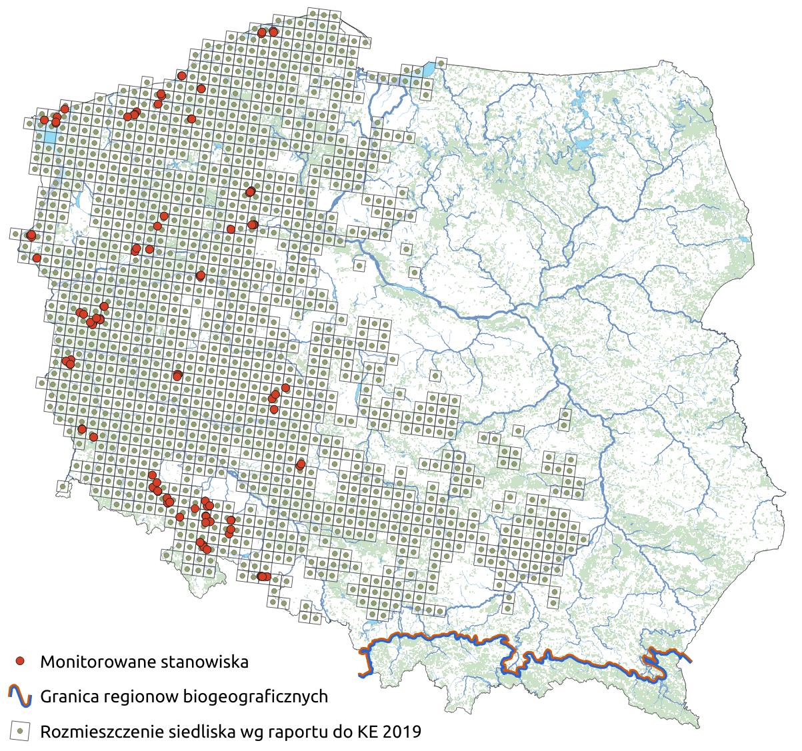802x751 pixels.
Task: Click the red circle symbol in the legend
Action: [20, 661]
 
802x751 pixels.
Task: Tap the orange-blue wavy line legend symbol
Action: [20, 696]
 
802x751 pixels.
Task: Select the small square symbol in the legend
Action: [20, 732]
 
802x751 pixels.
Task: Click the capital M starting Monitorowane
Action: [47, 662]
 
